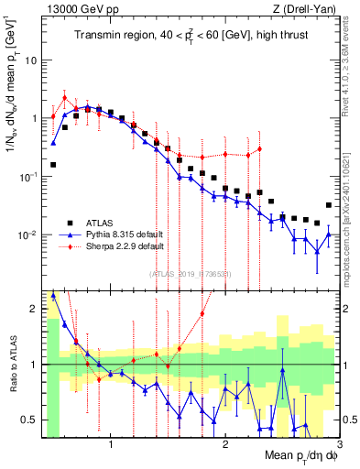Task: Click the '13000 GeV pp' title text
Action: click(71, 8)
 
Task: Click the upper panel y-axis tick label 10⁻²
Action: click(27, 235)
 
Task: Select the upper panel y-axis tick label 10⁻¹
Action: click(27, 177)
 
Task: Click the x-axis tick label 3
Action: click(339, 444)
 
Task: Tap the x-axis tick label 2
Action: click(225, 444)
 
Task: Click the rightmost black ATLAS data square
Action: click(329, 205)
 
